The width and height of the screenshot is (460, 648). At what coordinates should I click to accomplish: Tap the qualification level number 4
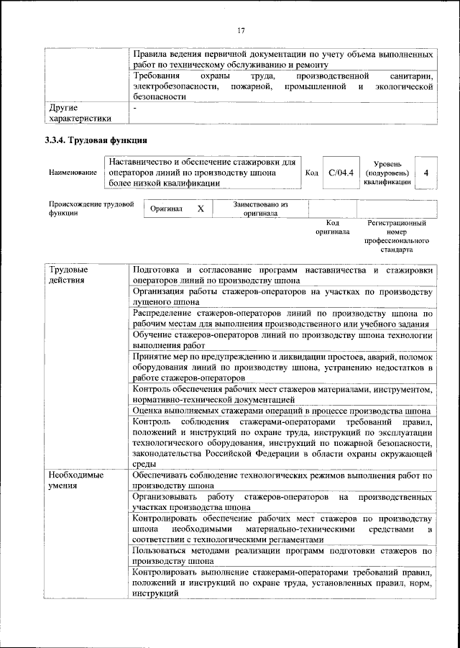[426, 173]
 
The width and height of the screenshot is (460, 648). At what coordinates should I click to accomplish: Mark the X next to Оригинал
[201, 209]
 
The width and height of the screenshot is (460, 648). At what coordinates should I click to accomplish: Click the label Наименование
[73, 173]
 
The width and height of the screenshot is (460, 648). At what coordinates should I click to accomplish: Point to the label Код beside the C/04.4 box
[312, 173]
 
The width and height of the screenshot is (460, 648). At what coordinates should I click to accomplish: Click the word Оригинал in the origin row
[167, 209]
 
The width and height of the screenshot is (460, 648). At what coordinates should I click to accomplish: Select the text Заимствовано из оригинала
[261, 209]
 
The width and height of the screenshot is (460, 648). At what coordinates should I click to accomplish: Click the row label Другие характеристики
[80, 113]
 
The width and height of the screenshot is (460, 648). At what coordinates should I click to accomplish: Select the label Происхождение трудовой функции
[91, 209]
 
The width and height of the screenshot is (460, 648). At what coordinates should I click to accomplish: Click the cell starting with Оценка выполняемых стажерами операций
[282, 411]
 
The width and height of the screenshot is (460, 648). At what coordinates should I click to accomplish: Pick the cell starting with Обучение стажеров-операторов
[282, 340]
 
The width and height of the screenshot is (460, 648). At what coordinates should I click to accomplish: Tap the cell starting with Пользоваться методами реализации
[282, 556]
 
